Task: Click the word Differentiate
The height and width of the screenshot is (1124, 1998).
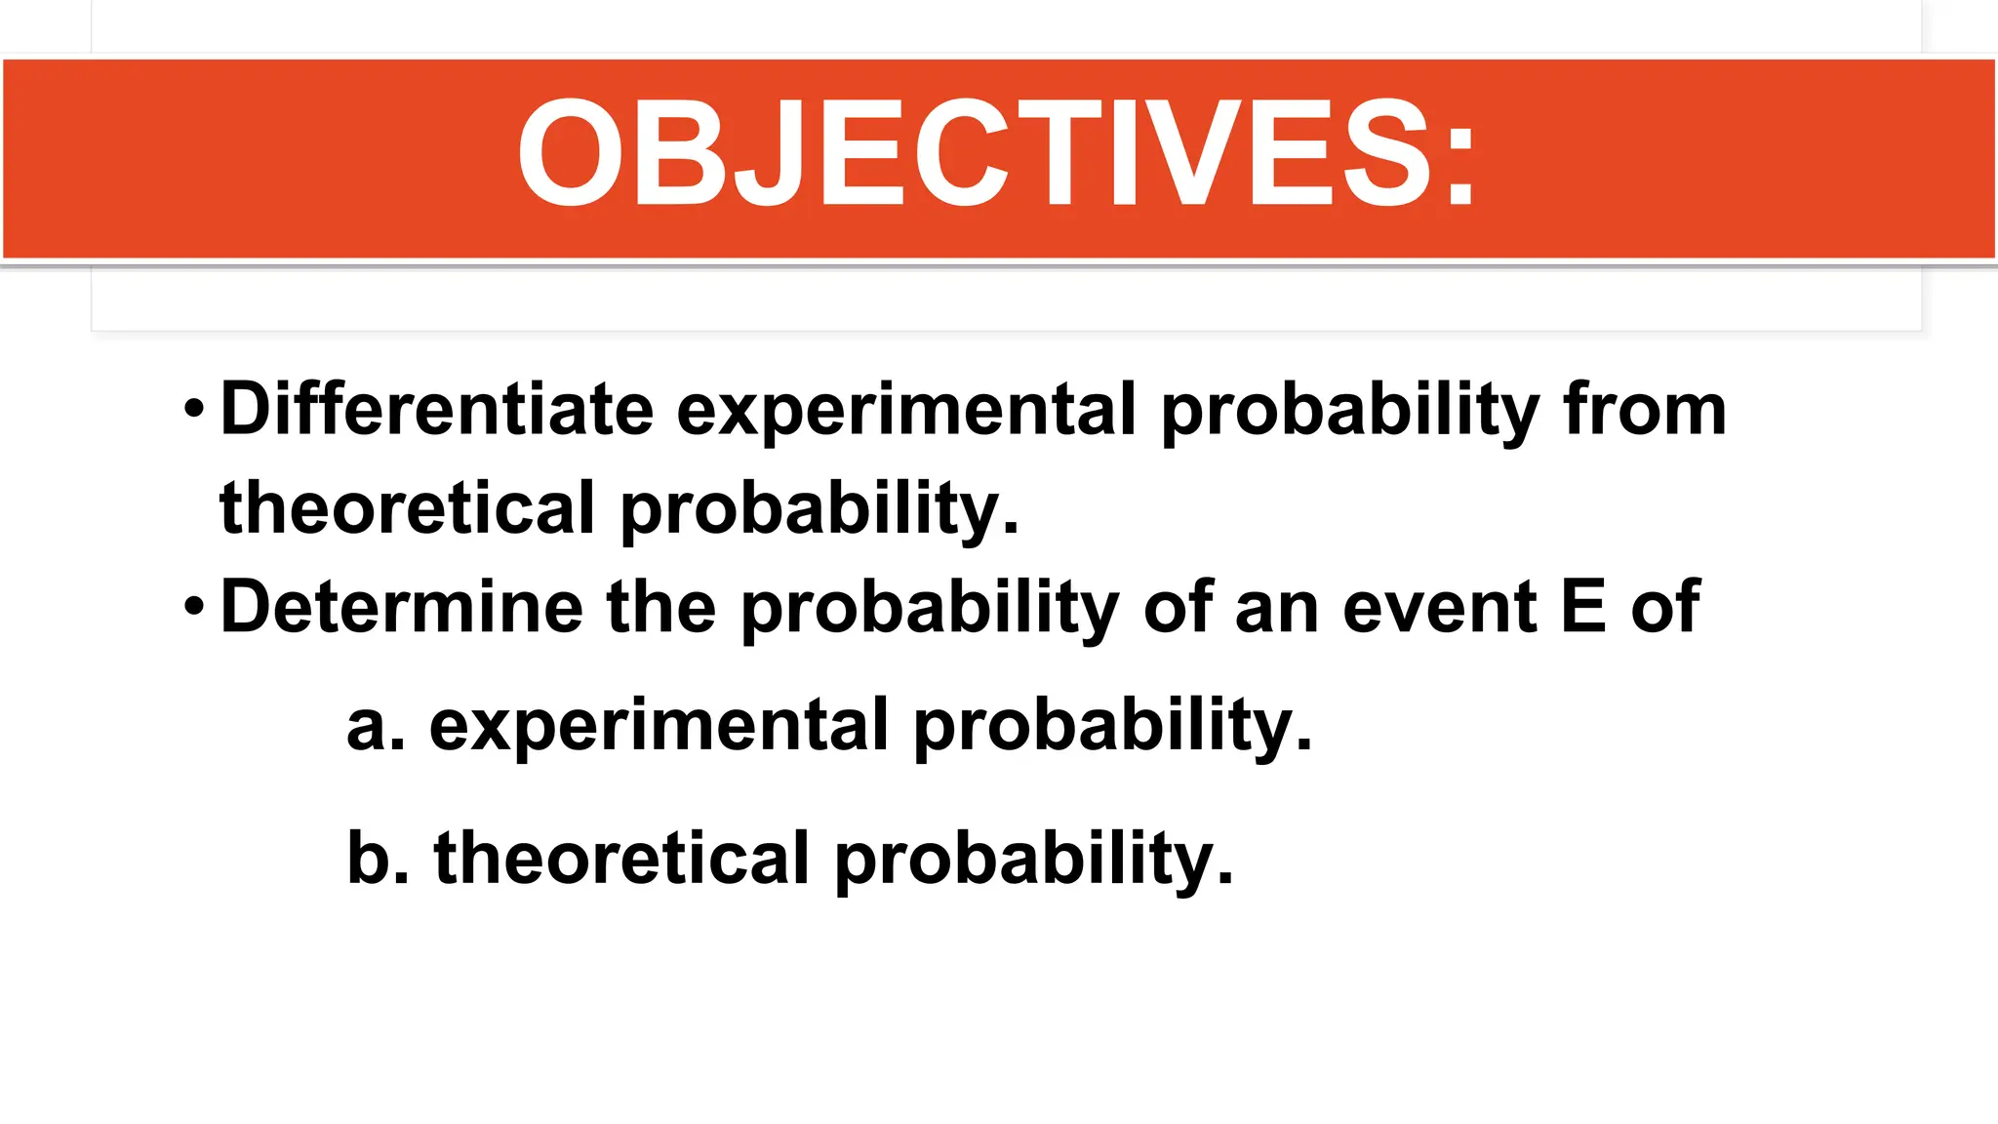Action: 437,409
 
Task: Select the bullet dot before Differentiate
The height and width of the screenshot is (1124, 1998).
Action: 194,409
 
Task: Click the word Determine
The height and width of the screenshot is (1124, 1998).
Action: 401,607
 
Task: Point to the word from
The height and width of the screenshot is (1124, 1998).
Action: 1645,409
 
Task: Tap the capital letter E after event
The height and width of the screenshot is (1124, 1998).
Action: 1582,607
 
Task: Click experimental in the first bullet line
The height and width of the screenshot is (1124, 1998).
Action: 906,411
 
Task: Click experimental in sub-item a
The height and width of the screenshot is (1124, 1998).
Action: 659,728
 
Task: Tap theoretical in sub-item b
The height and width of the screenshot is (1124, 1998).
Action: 621,859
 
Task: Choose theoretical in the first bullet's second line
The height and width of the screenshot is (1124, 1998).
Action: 407,508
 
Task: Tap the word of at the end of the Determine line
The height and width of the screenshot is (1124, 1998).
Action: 1665,607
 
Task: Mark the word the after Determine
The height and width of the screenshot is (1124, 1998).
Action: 661,607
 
